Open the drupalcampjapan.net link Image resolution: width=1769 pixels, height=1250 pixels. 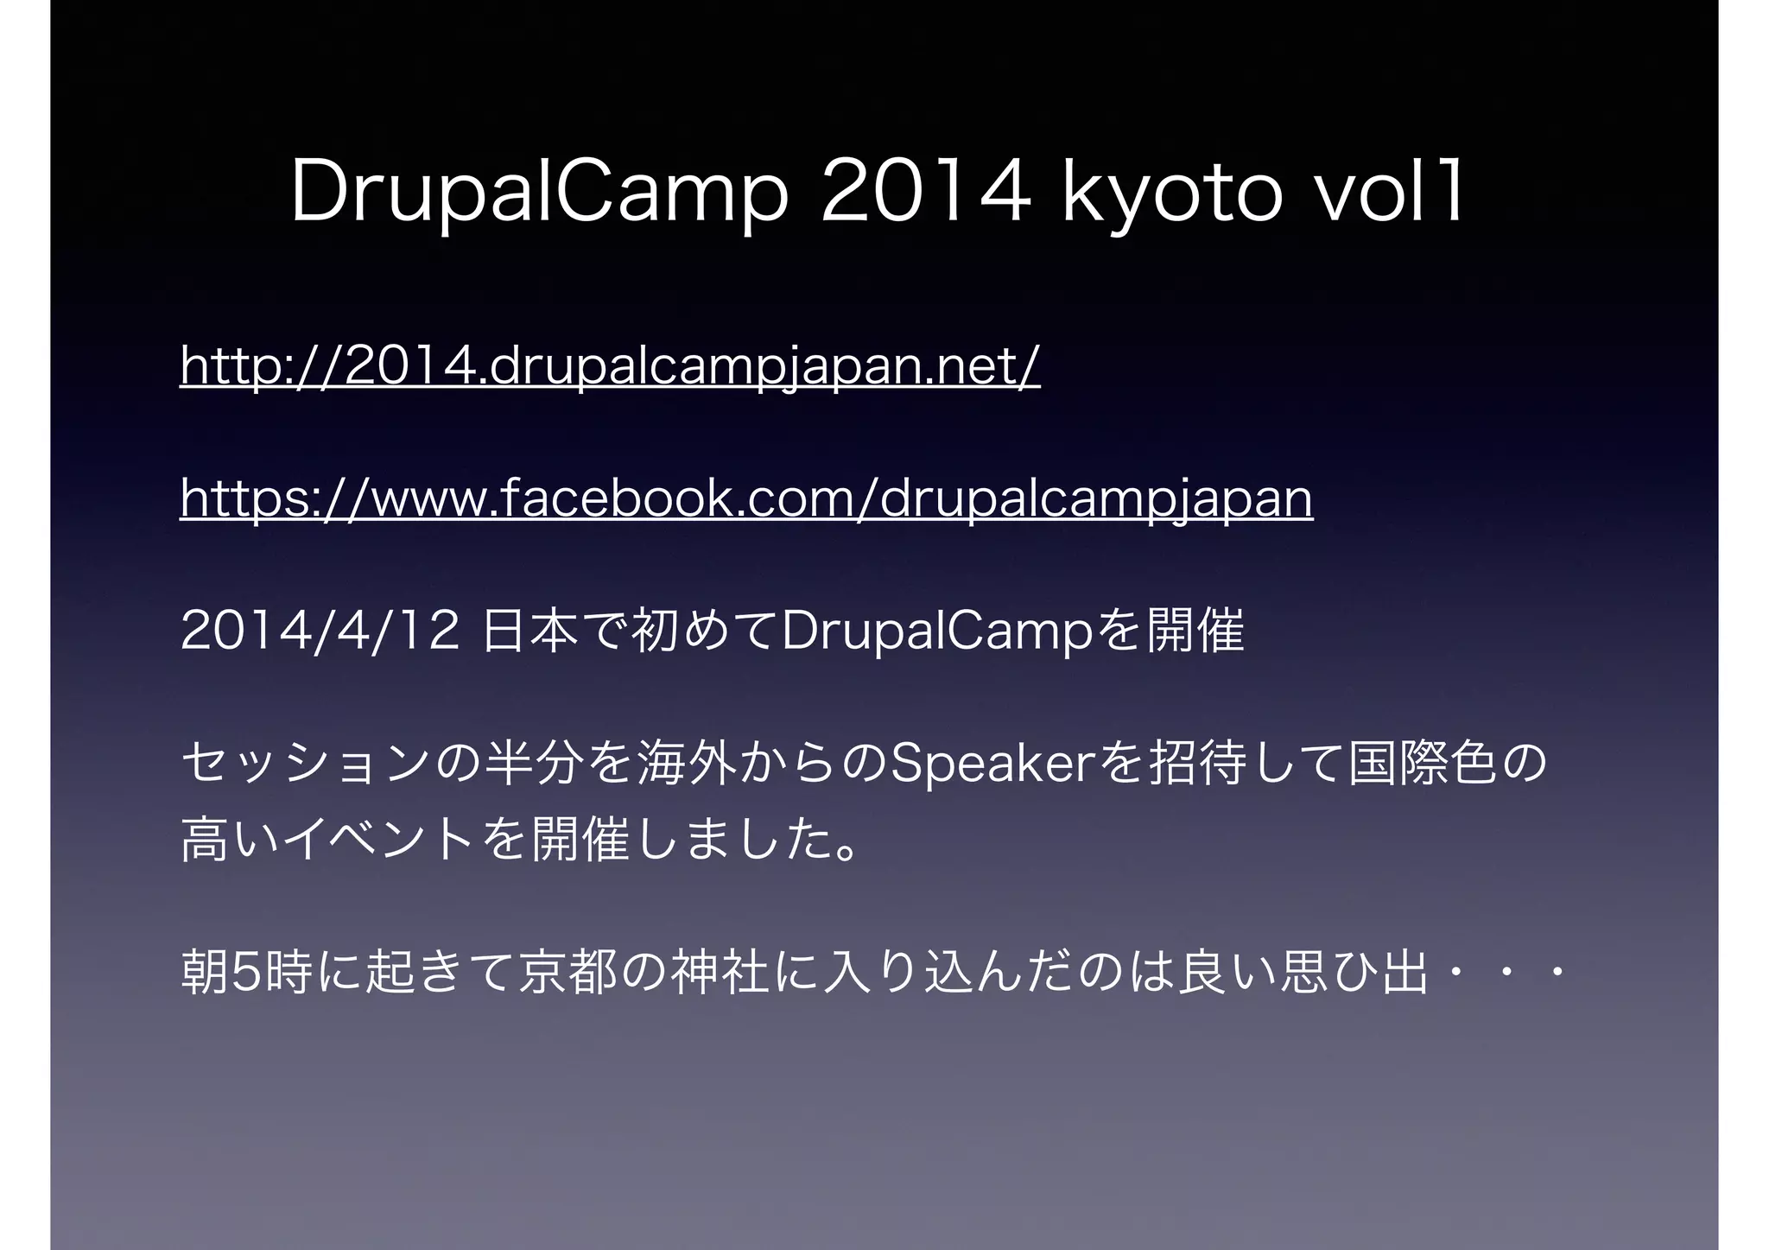pyautogui.click(x=610, y=366)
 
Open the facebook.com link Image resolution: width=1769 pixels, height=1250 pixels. pyautogui.click(x=746, y=499)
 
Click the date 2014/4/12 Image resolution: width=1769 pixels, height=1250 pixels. pyautogui.click(x=320, y=631)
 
